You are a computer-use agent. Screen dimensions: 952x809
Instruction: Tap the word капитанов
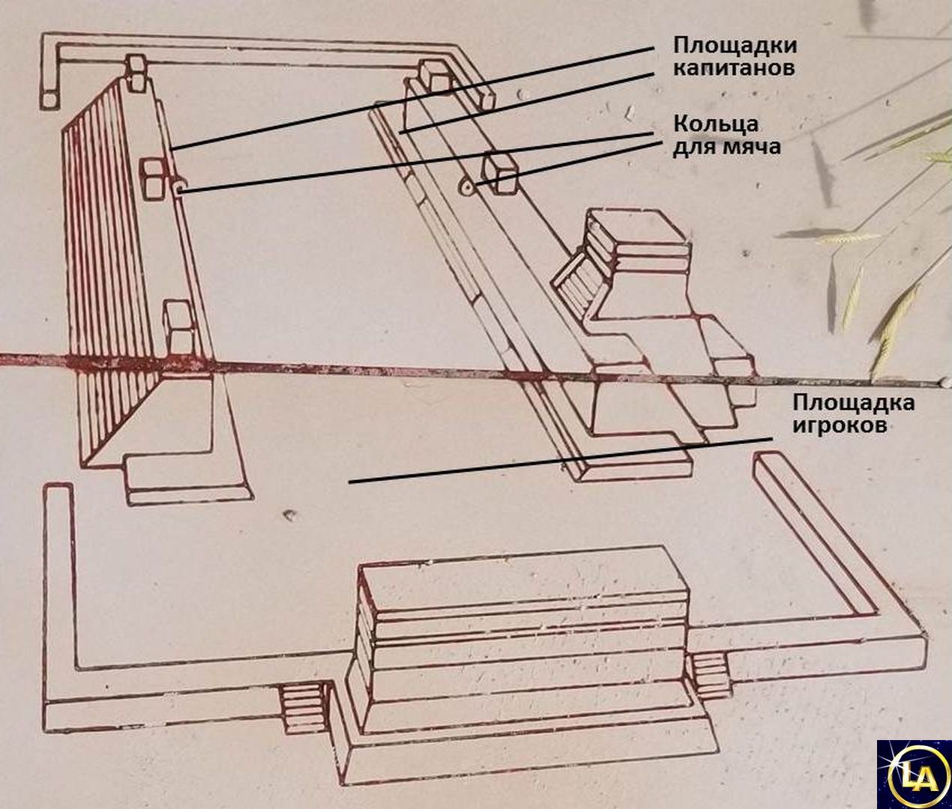pyautogui.click(x=734, y=69)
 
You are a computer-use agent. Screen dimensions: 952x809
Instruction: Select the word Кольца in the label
pyautogui.click(x=716, y=126)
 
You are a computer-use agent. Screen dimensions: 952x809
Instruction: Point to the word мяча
pyautogui.click(x=753, y=148)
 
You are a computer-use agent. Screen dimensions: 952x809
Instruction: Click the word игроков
pyautogui.click(x=840, y=424)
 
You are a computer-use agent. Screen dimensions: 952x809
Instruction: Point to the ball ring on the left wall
pyautogui.click(x=178, y=187)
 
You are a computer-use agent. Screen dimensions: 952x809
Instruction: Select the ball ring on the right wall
pyautogui.click(x=468, y=187)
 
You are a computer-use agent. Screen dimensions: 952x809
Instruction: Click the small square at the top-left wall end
pyautogui.click(x=49, y=100)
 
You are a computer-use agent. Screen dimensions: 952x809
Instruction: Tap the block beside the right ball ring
pyautogui.click(x=500, y=175)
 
